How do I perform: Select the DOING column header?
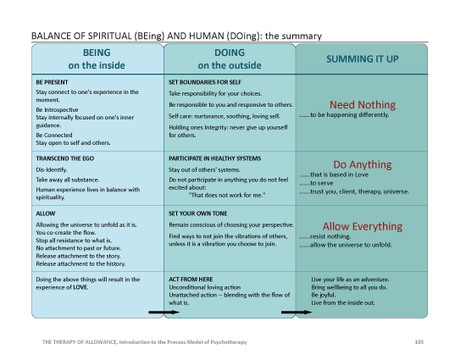pyautogui.click(x=229, y=58)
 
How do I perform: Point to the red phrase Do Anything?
pyautogui.click(x=362, y=164)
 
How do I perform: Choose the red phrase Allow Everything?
pyautogui.click(x=362, y=226)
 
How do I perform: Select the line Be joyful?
pyautogui.click(x=326, y=295)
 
